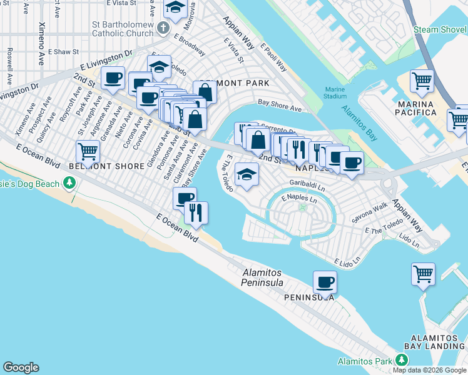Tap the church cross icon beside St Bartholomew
[163, 27]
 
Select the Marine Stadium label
[335, 92]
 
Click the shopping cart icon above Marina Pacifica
[422, 81]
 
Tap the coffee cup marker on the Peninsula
[325, 282]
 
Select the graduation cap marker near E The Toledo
[247, 174]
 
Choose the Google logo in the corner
[21, 367]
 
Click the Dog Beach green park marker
[69, 183]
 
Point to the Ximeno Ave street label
[42, 36]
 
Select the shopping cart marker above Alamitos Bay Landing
[423, 274]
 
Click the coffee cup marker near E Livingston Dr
[113, 78]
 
